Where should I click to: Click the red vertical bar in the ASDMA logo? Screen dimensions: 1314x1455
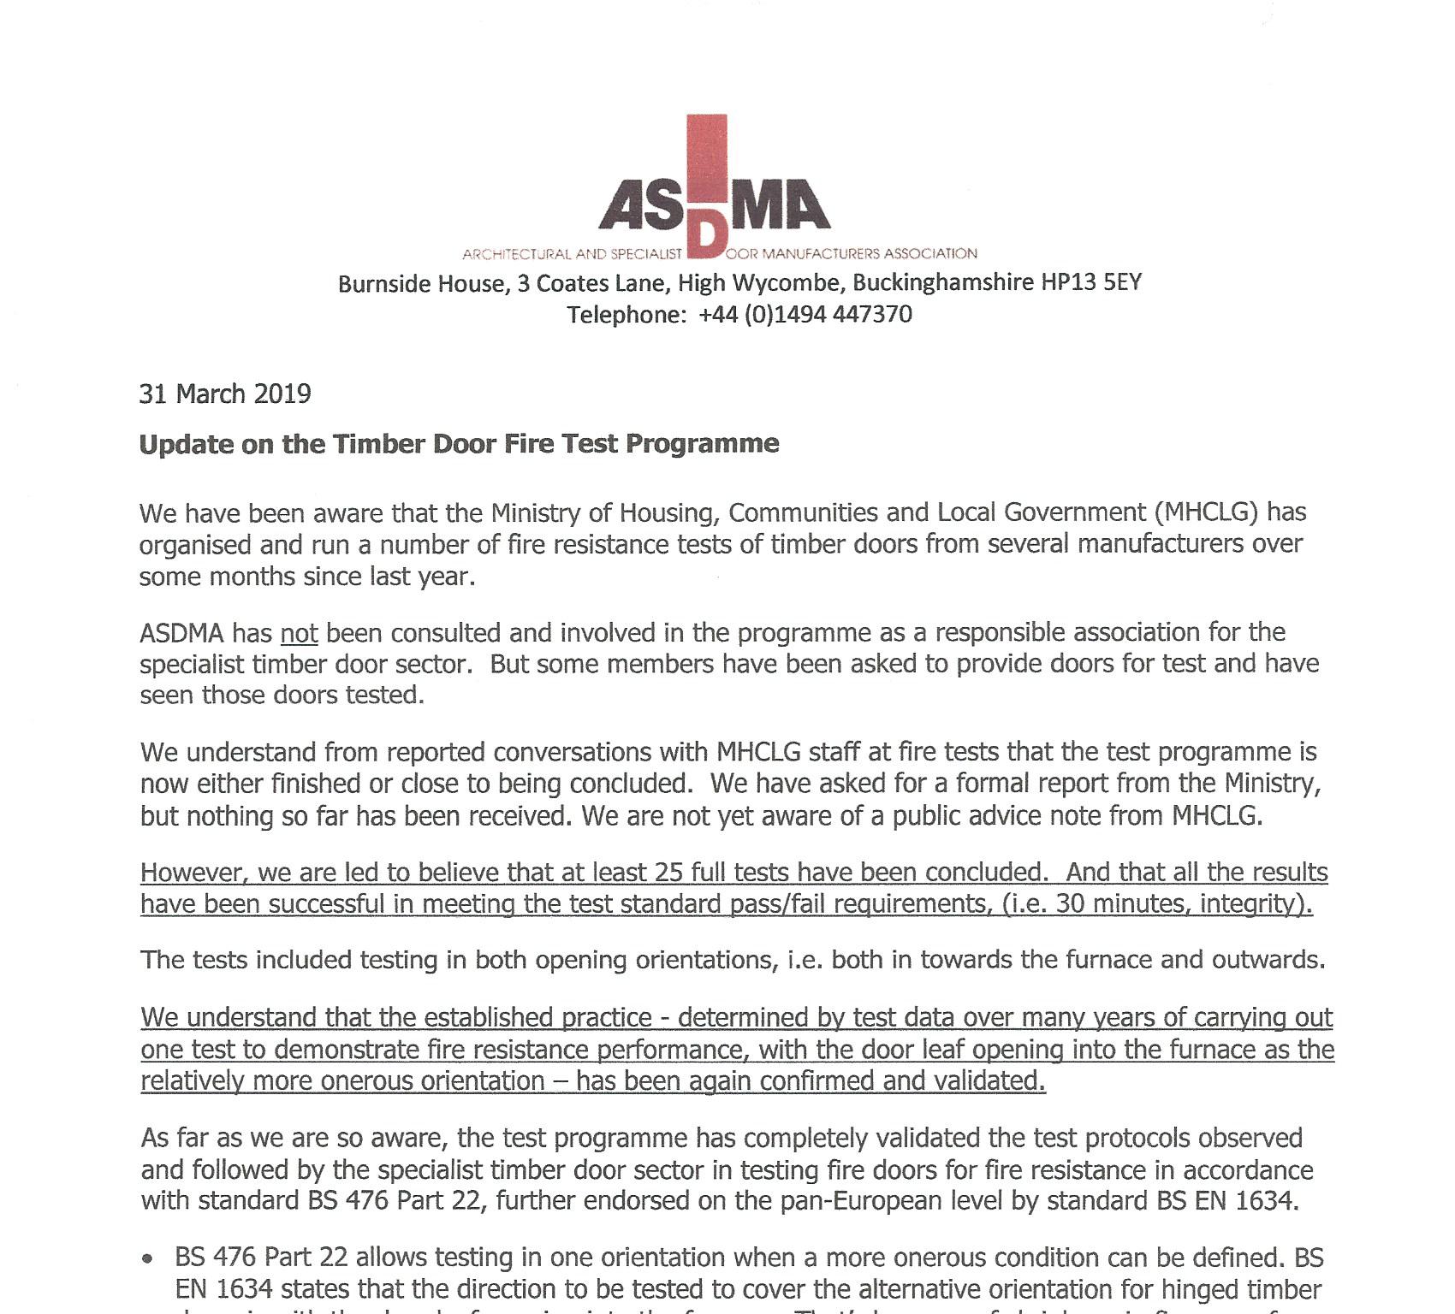(x=707, y=163)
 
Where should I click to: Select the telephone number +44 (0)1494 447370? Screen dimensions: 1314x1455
(x=805, y=315)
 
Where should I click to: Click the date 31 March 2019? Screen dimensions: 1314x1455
(x=225, y=394)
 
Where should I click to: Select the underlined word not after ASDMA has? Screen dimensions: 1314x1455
(x=299, y=633)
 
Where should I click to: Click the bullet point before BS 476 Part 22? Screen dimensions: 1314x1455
(x=150, y=1259)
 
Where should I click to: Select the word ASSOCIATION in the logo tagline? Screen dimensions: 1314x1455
(x=930, y=253)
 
